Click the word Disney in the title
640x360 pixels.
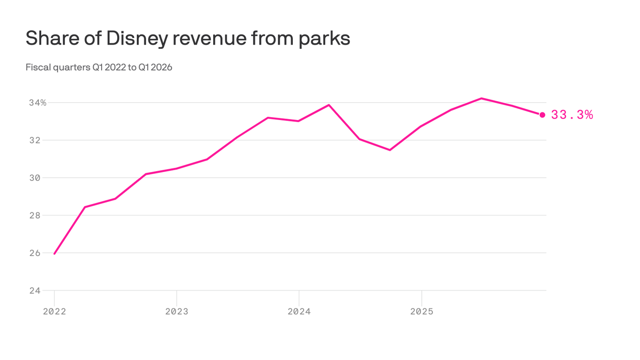[x=136, y=38]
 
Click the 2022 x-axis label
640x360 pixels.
[x=54, y=311]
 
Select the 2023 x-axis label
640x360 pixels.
[x=177, y=311]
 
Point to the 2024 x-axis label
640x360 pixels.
[x=299, y=311]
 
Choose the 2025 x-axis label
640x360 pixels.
[x=422, y=311]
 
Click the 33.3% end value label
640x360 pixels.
[x=572, y=115]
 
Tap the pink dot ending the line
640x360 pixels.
[x=543, y=115]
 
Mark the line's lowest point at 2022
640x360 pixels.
[x=54, y=254]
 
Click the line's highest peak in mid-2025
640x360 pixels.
[x=482, y=98]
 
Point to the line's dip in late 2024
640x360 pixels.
[x=390, y=150]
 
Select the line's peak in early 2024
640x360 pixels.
[x=329, y=105]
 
